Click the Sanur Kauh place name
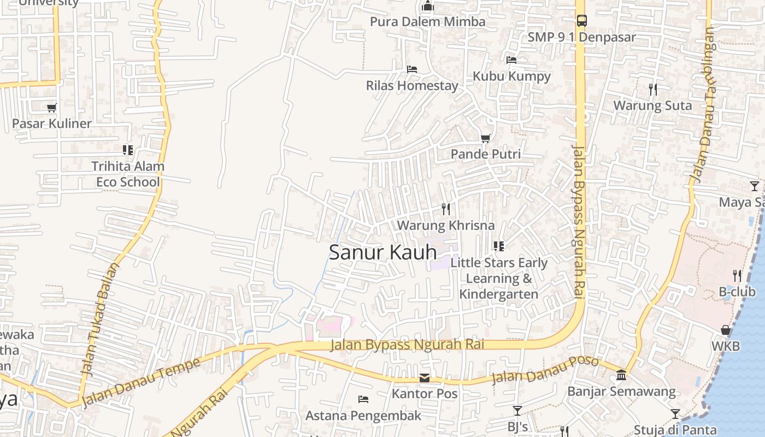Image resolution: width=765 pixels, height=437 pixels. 383,252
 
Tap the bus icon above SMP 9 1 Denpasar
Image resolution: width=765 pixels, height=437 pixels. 582,21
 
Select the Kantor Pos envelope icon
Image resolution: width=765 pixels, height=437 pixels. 425,378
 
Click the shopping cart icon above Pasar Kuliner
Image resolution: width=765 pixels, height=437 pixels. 52,108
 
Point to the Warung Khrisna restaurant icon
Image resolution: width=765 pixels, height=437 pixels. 446,209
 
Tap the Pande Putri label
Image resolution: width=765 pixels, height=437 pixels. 485,154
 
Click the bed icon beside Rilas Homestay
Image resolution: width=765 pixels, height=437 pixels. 412,69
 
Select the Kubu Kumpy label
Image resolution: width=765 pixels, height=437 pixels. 511,76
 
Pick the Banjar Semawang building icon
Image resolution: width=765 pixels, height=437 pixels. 621,375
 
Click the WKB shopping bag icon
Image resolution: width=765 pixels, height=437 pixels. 726,330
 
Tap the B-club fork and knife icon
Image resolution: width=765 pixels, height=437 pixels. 737,275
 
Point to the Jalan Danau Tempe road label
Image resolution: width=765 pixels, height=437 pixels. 141,382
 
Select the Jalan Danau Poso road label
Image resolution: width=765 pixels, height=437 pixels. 545,370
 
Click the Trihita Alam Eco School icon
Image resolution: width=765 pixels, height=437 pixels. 128,150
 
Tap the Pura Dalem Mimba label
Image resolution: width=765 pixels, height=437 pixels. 427,22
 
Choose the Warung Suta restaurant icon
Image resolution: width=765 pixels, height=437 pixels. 653,89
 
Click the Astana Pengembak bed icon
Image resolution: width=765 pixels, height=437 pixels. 363,399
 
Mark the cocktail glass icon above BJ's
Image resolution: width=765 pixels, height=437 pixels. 517,410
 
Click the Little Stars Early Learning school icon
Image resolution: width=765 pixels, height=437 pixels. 498,246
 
